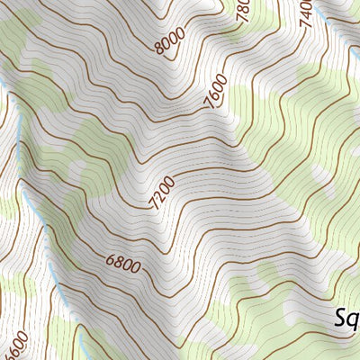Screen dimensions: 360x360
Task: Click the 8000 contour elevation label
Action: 169,40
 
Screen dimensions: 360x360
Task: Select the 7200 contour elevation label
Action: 164,193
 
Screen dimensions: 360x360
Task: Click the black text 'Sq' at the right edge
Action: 346,318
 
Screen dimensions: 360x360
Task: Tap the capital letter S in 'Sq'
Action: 341,316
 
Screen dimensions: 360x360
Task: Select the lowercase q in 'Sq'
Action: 354,320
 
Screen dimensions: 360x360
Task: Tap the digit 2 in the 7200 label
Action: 160,197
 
